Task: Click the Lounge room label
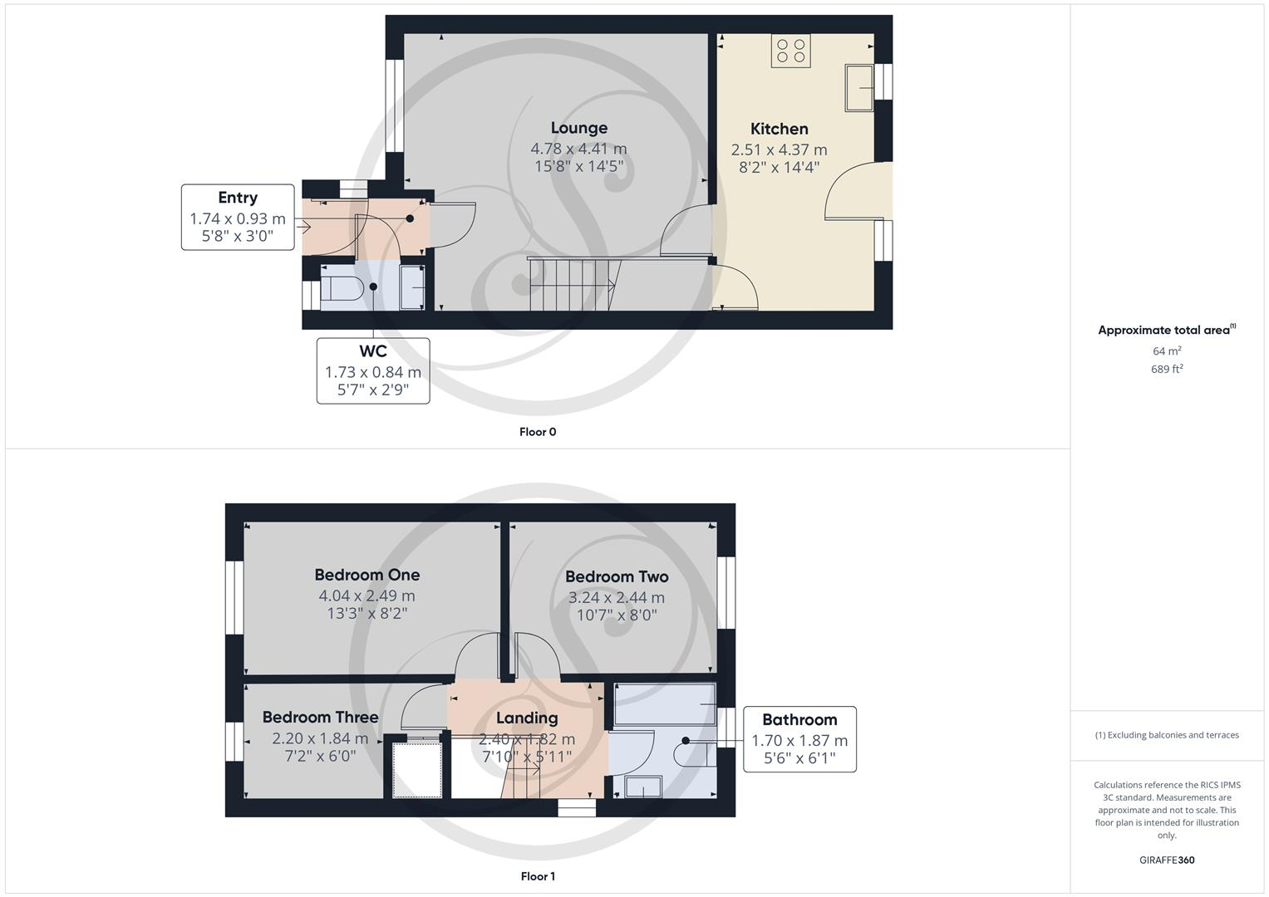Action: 578,128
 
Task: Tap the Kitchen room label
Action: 779,129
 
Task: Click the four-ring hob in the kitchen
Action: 790,51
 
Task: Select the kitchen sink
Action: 859,87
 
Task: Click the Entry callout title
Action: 238,198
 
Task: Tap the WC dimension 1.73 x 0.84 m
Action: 372,372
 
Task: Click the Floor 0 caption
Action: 537,432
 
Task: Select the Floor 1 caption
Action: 537,876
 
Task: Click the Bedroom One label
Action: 366,575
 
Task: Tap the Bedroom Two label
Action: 616,576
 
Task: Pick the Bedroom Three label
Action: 320,717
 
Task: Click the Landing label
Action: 527,718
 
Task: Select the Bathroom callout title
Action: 799,720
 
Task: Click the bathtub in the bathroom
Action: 665,703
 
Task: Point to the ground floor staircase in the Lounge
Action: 572,284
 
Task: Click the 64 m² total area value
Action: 1166,350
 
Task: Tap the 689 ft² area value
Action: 1166,370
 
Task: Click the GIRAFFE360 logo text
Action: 1166,860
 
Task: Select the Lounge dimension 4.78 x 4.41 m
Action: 578,149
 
